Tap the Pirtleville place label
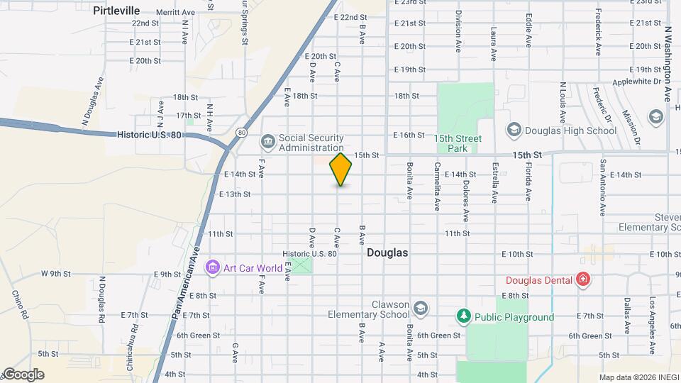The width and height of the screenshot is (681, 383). tap(116, 10)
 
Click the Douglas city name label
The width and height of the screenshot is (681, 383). tap(387, 252)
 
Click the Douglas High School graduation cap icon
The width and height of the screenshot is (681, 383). tap(514, 130)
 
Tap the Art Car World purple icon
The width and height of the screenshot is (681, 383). tap(212, 268)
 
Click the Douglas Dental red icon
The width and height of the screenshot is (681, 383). tap(583, 280)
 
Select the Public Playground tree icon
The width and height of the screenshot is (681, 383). tap(464, 316)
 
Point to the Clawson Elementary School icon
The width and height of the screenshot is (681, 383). tap(421, 308)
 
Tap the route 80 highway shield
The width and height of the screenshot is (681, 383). tap(242, 133)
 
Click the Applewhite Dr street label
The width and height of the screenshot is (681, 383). tap(634, 82)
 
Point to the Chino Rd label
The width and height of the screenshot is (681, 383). tap(21, 304)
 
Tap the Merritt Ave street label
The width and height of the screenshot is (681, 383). tap(176, 13)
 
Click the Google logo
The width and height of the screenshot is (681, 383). tap(23, 374)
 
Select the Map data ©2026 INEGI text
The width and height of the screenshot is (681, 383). tap(637, 377)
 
